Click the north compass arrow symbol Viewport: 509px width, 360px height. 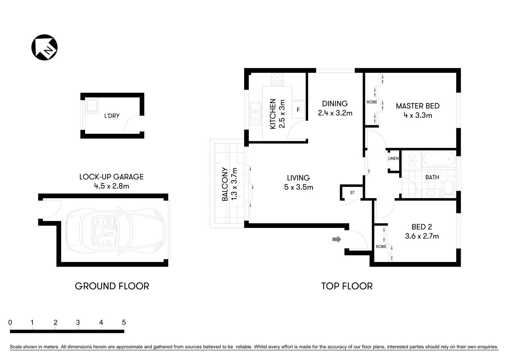[x=44, y=48]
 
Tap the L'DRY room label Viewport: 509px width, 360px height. [x=112, y=116]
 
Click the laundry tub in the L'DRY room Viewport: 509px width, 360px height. [x=91, y=106]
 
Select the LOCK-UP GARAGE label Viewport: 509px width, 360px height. [x=111, y=177]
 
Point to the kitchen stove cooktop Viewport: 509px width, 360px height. [x=277, y=79]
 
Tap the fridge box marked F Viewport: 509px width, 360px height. [x=298, y=110]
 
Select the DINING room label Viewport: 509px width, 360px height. [x=335, y=103]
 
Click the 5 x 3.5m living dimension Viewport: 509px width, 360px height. [x=298, y=187]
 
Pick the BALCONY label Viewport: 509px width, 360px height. [x=225, y=184]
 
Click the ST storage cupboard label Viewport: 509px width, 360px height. [x=352, y=193]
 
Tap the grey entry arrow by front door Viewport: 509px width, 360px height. [x=337, y=239]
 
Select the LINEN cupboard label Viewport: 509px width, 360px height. [x=393, y=159]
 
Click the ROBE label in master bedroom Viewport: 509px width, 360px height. [x=372, y=102]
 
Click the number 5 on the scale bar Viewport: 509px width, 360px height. [x=124, y=322]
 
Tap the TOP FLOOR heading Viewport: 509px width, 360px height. [x=347, y=286]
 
